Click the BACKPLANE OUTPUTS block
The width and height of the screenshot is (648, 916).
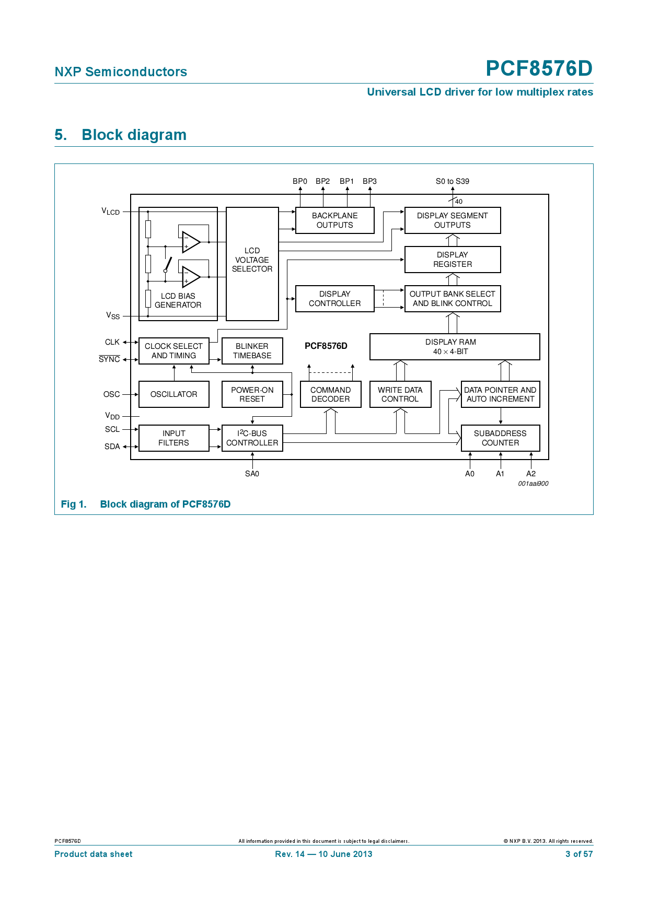(x=334, y=220)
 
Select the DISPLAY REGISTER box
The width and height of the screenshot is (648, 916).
(x=453, y=260)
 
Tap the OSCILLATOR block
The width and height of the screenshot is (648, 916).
(x=173, y=394)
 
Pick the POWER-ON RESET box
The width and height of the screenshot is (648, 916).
(x=252, y=394)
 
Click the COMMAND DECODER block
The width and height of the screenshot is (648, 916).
(x=330, y=394)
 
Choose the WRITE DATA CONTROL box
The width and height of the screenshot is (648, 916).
(x=400, y=394)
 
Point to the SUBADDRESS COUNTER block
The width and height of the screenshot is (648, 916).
(x=500, y=438)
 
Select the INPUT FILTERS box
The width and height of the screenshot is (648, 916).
(x=173, y=438)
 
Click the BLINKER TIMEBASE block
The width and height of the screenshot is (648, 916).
(x=252, y=351)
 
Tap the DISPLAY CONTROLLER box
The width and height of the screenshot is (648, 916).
(x=334, y=299)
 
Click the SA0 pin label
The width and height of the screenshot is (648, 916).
(x=252, y=474)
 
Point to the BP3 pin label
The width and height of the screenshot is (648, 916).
(x=369, y=181)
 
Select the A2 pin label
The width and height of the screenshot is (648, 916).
(x=531, y=474)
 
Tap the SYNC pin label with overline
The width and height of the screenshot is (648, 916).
(x=109, y=359)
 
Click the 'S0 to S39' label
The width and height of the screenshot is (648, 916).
(x=453, y=181)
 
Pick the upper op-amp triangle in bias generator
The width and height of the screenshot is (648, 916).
(x=191, y=242)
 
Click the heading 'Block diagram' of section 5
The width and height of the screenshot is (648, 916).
(x=134, y=135)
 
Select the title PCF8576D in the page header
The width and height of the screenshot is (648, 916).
(x=539, y=68)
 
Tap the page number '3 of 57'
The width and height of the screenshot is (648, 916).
(x=579, y=854)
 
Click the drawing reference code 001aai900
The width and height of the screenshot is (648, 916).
(x=533, y=484)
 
